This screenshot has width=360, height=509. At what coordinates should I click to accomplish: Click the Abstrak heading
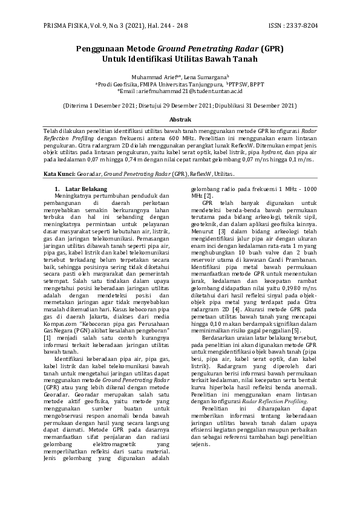click(x=180, y=120)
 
